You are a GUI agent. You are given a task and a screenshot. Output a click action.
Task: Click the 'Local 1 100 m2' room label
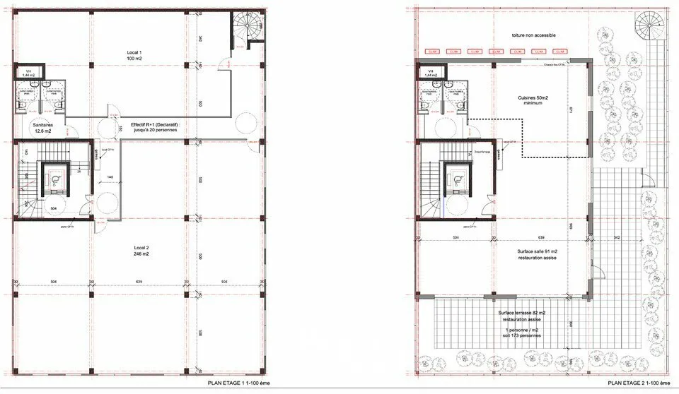pos(134,56)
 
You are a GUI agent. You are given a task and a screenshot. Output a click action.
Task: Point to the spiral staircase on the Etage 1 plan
pos(248,30)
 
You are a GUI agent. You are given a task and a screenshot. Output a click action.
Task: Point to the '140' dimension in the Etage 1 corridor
pos(110,177)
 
